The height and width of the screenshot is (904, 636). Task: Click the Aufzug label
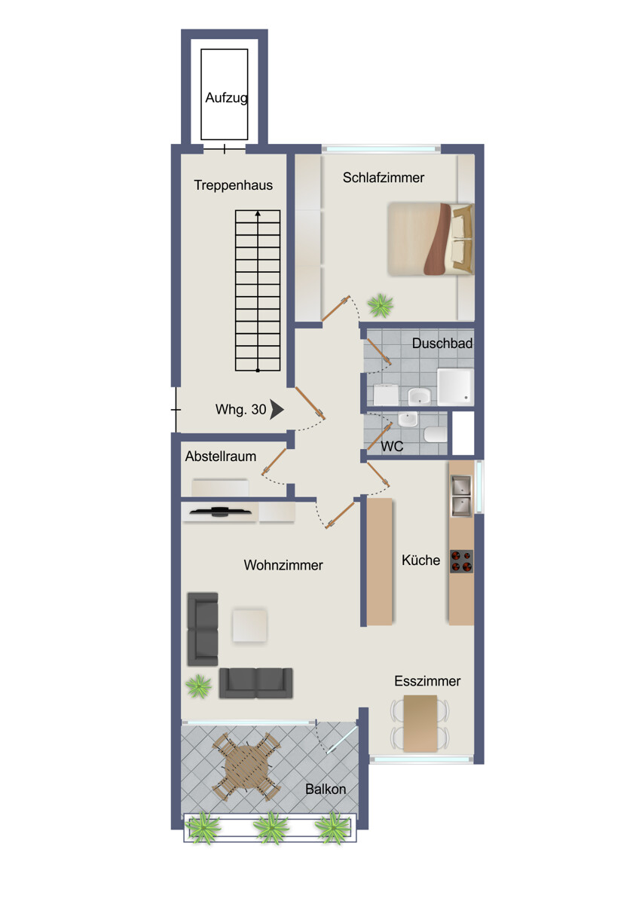tap(226, 98)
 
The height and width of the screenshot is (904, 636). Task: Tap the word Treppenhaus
tap(233, 185)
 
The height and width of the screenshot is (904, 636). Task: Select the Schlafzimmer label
tap(384, 178)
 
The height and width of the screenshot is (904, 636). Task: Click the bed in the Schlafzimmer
tap(430, 239)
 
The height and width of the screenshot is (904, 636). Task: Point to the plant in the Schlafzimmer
tap(380, 305)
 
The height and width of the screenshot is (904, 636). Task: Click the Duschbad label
tap(442, 344)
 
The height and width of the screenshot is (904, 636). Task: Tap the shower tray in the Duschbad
tap(455, 386)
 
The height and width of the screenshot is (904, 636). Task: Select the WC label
tap(392, 447)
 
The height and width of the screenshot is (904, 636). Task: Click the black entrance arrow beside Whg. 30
tap(277, 410)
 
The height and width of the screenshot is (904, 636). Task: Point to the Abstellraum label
tap(221, 457)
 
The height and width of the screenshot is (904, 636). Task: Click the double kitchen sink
tap(461, 496)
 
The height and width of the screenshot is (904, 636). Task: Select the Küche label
tap(420, 560)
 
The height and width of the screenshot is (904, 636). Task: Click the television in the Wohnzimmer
tap(220, 512)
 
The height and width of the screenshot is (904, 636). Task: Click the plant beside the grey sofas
tap(199, 686)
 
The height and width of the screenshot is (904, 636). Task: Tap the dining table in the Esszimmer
tap(420, 723)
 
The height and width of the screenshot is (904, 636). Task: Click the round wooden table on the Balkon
tap(246, 767)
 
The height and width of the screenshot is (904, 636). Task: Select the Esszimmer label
tap(427, 681)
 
